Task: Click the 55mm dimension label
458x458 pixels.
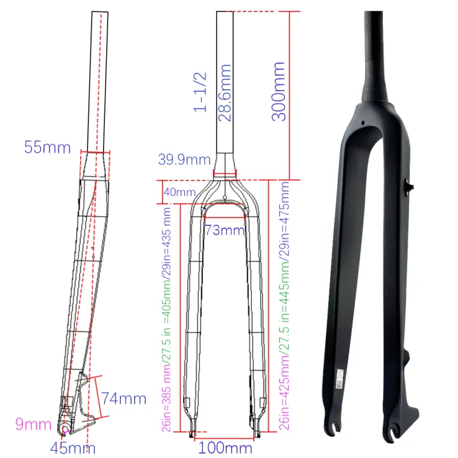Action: [46, 148]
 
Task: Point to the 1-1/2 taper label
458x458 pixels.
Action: [201, 92]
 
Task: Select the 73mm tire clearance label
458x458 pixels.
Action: [225, 230]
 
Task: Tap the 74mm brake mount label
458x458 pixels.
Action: [123, 399]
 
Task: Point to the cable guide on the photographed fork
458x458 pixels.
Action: [409, 186]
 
